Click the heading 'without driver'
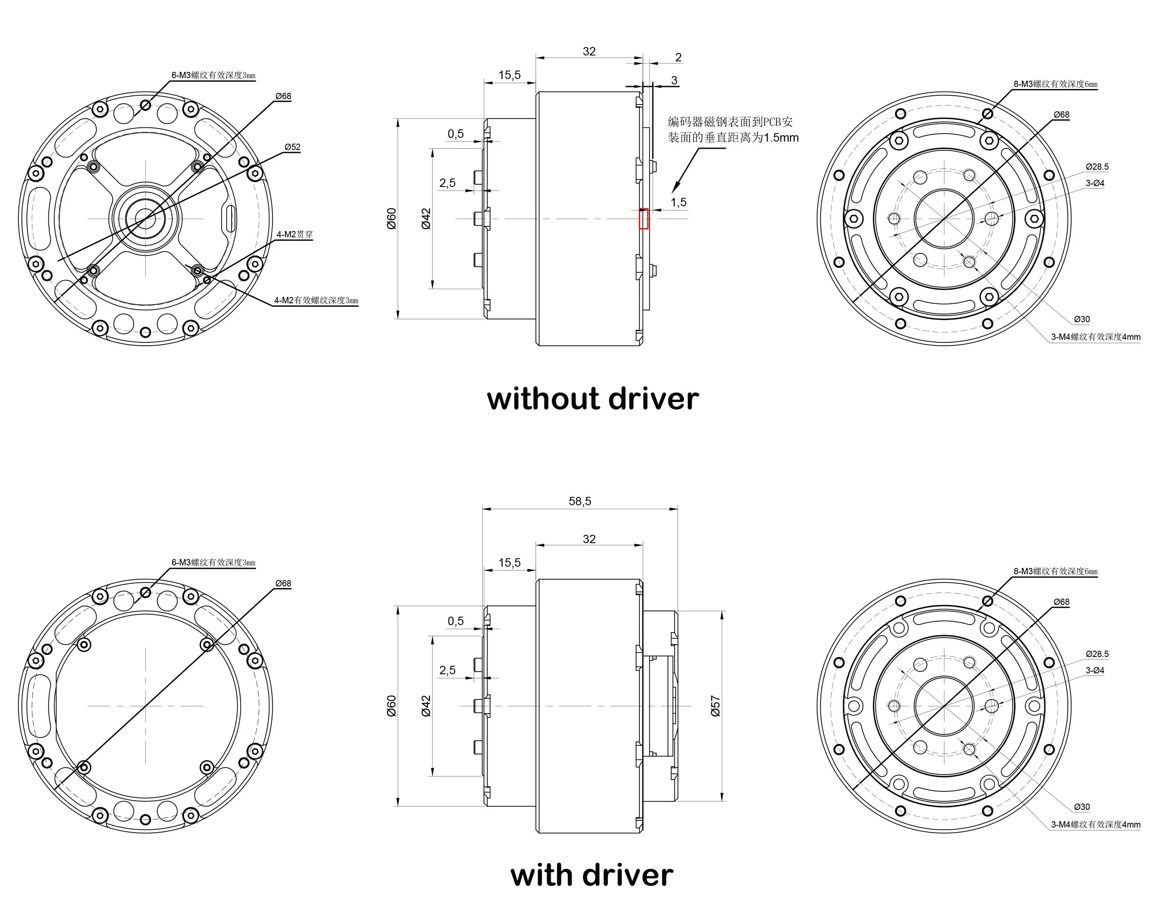point(592,399)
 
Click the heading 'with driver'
point(591,875)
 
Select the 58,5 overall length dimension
point(580,501)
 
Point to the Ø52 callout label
point(292,147)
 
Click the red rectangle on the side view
point(644,218)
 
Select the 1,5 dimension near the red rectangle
point(678,202)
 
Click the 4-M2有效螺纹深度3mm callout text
point(316,300)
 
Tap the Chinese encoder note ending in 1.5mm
point(733,130)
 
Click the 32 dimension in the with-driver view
point(589,539)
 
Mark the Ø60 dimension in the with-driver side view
point(391,705)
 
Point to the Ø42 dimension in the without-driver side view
point(426,218)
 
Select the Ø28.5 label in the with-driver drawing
point(1097,654)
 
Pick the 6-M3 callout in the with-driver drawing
point(213,562)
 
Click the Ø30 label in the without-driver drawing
point(1082,319)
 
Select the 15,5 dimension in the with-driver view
point(509,562)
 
